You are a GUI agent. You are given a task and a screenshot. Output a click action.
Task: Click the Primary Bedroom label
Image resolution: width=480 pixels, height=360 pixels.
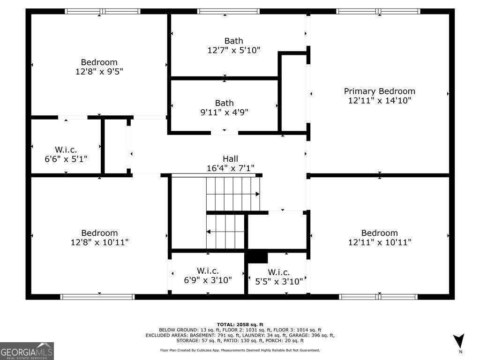379,91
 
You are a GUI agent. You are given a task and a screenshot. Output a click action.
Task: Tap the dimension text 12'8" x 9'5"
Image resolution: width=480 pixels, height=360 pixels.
99,72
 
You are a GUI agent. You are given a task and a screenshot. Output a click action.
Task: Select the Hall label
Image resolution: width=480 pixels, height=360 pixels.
230,159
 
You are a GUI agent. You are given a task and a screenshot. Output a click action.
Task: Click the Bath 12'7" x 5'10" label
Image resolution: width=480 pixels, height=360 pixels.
233,41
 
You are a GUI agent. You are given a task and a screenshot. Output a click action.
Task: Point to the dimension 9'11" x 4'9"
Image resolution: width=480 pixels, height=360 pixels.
225,112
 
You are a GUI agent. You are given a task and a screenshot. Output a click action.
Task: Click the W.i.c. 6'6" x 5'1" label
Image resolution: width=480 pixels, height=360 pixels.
66,150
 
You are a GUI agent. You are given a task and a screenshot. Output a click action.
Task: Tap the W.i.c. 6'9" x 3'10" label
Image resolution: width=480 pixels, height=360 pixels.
208,271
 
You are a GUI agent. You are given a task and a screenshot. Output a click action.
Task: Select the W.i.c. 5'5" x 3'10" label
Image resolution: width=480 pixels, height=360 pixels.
279,272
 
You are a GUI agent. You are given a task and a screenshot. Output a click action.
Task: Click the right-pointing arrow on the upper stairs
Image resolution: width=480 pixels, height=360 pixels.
257,194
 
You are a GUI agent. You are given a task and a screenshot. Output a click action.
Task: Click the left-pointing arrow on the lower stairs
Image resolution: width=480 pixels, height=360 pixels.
209,232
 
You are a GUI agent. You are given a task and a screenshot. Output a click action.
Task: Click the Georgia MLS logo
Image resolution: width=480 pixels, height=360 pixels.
27,351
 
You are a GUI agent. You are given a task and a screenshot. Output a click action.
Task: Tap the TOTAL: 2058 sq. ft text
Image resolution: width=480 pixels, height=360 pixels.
240,324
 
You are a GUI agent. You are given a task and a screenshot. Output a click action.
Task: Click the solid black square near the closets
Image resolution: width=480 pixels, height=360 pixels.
256,257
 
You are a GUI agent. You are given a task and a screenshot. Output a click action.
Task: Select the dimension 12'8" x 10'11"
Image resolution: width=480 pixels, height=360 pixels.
99,242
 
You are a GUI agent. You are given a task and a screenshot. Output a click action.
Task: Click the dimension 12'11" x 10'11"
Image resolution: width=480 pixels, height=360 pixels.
379,242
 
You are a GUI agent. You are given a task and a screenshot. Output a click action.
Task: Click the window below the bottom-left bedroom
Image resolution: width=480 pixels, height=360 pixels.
98,296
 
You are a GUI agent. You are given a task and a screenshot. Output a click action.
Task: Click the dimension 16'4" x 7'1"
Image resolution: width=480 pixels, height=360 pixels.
230,168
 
